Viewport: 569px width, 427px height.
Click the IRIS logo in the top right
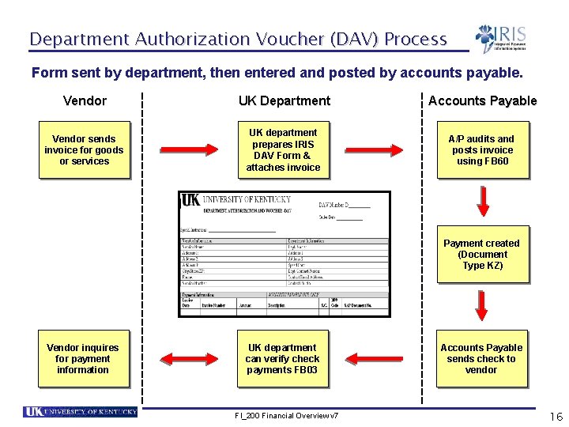coord(501,39)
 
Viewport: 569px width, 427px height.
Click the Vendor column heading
coord(85,100)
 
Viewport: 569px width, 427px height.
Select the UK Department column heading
coord(284,100)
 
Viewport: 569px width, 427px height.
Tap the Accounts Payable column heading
coord(482,100)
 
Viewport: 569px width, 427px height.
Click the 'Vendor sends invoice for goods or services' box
coord(85,150)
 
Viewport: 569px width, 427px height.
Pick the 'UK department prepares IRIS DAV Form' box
coord(283,150)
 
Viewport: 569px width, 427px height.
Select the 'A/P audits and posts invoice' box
coord(482,150)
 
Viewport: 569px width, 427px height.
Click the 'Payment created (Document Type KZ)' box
coord(481,255)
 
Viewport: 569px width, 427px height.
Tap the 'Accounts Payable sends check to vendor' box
coord(481,359)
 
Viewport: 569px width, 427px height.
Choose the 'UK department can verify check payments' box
coord(282,359)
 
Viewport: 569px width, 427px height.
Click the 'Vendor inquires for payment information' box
coord(83,359)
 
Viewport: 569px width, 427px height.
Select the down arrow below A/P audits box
coord(481,202)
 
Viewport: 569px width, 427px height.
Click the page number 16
coord(556,417)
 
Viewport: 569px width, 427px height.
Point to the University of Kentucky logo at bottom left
coord(81,412)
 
